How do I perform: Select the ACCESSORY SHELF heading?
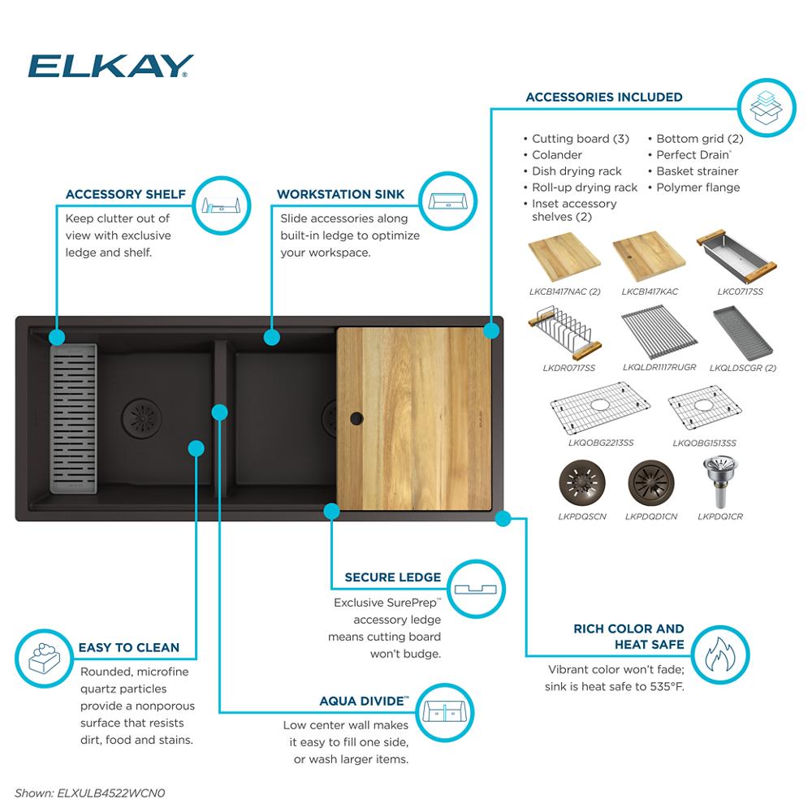tap(125, 194)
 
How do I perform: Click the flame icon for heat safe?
tap(720, 654)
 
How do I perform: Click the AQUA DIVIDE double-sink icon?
tap(447, 711)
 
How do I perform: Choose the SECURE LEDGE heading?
tap(392, 577)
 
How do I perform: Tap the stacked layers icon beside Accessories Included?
tap(765, 106)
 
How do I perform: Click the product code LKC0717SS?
tap(740, 291)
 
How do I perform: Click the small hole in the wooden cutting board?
tap(355, 418)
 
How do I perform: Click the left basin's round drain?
tap(141, 417)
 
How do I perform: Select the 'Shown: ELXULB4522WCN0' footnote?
tap(89, 792)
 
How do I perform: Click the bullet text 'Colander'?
tap(556, 154)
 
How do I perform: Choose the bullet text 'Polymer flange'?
tap(698, 187)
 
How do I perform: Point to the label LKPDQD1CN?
tap(651, 516)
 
